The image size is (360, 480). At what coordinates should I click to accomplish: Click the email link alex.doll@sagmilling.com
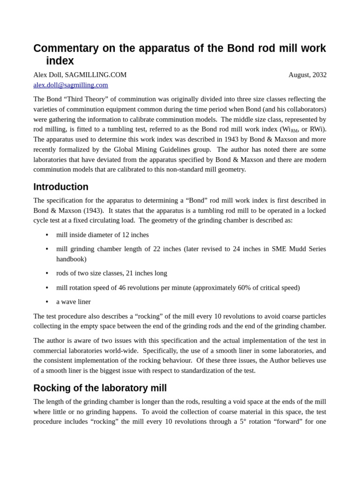[x=70, y=85]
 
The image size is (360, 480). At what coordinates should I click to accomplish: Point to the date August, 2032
[x=307, y=75]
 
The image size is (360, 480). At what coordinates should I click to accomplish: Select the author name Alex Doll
[x=47, y=75]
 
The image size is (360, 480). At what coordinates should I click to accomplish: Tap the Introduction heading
[x=60, y=187]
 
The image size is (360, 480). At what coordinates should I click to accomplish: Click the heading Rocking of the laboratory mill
[x=100, y=388]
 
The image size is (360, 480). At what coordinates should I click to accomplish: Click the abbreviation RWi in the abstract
[x=316, y=129]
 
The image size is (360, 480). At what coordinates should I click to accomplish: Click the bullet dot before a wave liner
[x=47, y=302]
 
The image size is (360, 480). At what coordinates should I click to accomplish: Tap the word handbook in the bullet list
[x=71, y=259]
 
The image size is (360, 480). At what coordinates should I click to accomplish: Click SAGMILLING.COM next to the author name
[x=96, y=75]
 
